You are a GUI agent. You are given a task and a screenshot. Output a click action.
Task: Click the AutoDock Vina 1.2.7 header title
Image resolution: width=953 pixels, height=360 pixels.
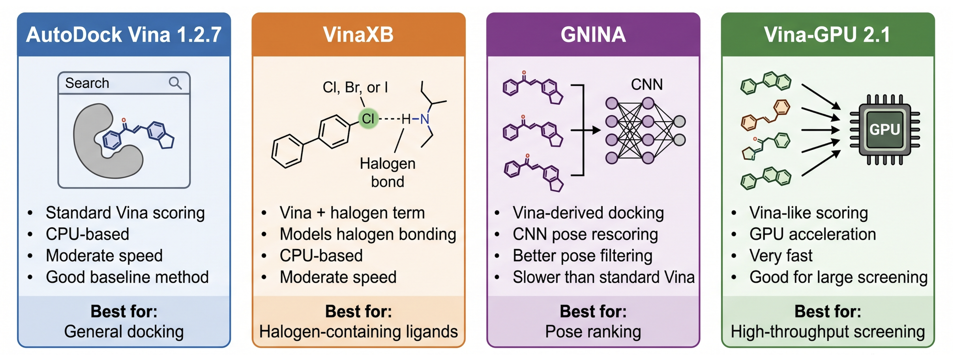point(124,35)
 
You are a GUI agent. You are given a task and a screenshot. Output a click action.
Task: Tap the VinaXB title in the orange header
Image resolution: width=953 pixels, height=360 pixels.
point(358,35)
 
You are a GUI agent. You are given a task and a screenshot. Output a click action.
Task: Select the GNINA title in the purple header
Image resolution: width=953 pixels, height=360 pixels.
point(593,35)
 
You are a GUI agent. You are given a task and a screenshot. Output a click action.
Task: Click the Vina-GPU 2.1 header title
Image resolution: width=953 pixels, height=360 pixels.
point(828,35)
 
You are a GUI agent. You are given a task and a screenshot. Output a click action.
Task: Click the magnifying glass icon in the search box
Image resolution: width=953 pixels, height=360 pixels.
point(175,83)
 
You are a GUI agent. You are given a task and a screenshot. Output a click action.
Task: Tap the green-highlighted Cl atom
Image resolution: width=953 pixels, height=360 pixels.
point(368,119)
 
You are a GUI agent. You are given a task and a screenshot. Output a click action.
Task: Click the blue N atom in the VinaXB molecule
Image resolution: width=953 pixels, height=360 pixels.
point(425,119)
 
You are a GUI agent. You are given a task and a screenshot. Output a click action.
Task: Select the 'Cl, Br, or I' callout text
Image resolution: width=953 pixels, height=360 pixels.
point(355,88)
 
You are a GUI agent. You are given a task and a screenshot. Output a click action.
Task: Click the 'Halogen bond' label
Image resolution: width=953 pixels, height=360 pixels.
point(387,172)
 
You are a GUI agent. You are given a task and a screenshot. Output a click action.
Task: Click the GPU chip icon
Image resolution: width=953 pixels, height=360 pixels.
point(885,129)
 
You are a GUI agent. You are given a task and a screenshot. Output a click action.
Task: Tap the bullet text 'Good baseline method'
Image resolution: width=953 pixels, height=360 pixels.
point(127,277)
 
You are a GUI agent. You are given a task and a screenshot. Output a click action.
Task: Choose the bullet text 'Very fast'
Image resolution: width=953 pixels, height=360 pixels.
point(781,256)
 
